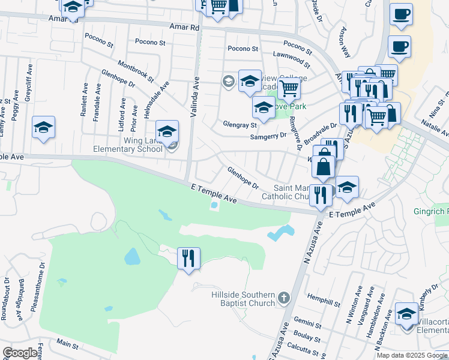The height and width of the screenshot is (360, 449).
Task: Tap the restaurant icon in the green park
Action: (x=189, y=259)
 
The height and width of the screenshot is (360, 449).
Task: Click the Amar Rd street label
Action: (x=184, y=27)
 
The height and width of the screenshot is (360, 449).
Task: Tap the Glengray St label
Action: (x=240, y=125)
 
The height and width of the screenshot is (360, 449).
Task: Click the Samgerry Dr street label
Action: (x=268, y=136)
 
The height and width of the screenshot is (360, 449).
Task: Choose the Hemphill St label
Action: (x=324, y=298)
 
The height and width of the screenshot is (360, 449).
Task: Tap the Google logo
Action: (x=20, y=352)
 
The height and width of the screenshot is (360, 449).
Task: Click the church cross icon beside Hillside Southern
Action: (x=284, y=297)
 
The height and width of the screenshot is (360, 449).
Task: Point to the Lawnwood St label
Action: (x=291, y=59)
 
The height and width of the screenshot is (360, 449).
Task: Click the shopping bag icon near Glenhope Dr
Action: (x=324, y=167)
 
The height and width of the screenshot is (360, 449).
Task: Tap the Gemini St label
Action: (x=308, y=324)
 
